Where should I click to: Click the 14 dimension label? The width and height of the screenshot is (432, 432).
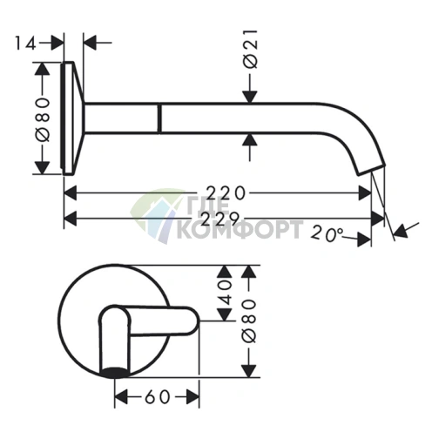coord(25,44)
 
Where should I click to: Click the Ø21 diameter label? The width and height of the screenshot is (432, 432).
coord(250,49)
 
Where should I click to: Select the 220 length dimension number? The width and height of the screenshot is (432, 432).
coord(226,193)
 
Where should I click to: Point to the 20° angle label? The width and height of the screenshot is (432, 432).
coord(327,234)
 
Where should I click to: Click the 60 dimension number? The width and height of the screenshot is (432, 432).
coord(157,397)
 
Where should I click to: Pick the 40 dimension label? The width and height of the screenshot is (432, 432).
coord(225,293)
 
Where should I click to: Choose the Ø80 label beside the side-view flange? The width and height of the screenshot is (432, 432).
coord(43,119)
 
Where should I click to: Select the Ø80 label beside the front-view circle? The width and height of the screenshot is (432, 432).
coord(249,321)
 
